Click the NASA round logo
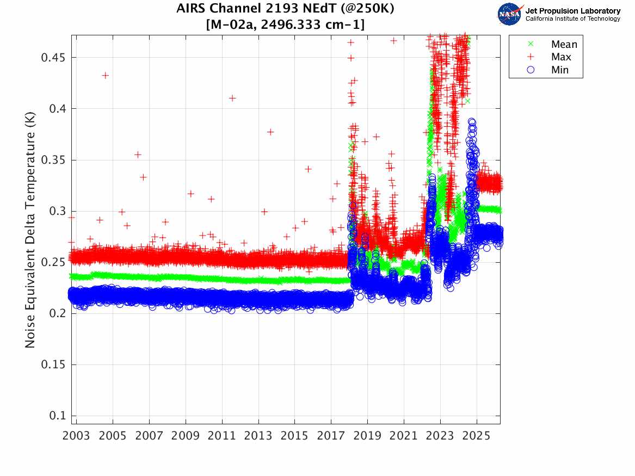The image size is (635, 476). [x=510, y=14]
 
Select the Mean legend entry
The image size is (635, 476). [x=564, y=45]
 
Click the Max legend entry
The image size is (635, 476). [x=560, y=57]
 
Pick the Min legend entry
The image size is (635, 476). [x=559, y=70]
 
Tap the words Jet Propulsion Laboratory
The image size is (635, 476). [x=572, y=11]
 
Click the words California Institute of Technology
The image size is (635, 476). [x=572, y=19]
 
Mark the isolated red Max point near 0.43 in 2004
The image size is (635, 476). [x=106, y=75]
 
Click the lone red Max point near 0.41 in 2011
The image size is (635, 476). [x=232, y=98]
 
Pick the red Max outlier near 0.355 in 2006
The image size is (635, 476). [x=138, y=154]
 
